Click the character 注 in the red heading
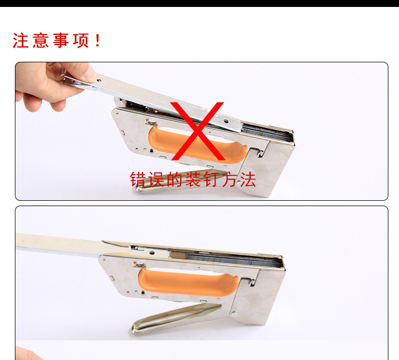pyautogui.click(x=21, y=41)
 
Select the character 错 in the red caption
pyautogui.click(x=139, y=180)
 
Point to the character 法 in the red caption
pyautogui.click(x=246, y=180)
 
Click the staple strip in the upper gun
pyautogui.click(x=266, y=131)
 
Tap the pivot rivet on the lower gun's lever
pyautogui.click(x=232, y=315)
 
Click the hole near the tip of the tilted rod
pyautogui.click(x=99, y=80)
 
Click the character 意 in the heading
pyautogui.click(x=41, y=41)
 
